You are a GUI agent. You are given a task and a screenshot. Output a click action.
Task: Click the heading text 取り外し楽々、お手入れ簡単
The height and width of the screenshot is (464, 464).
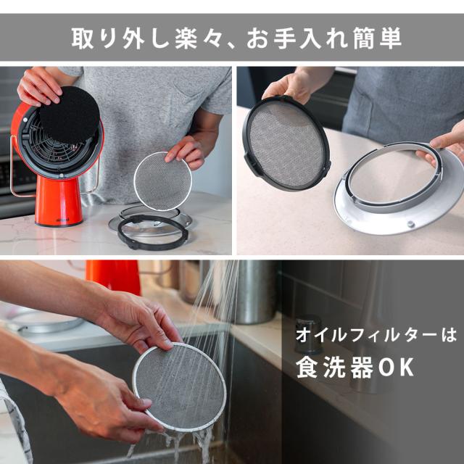pos(232,38)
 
